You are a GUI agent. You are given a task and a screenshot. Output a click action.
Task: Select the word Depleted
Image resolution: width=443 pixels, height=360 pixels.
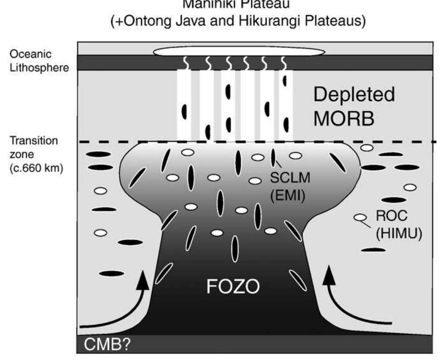[x=354, y=95]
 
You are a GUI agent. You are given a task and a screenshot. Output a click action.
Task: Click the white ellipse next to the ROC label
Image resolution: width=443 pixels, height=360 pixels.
[x=359, y=218]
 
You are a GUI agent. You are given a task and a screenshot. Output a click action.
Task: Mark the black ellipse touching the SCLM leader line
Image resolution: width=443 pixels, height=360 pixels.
[x=273, y=157]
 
